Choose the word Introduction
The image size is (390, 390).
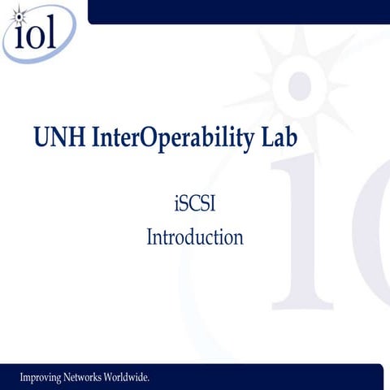coord(195,238)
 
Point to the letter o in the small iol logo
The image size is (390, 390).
coord(37,37)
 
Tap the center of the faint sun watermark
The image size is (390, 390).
coord(298,85)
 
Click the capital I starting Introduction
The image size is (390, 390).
coord(150,238)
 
